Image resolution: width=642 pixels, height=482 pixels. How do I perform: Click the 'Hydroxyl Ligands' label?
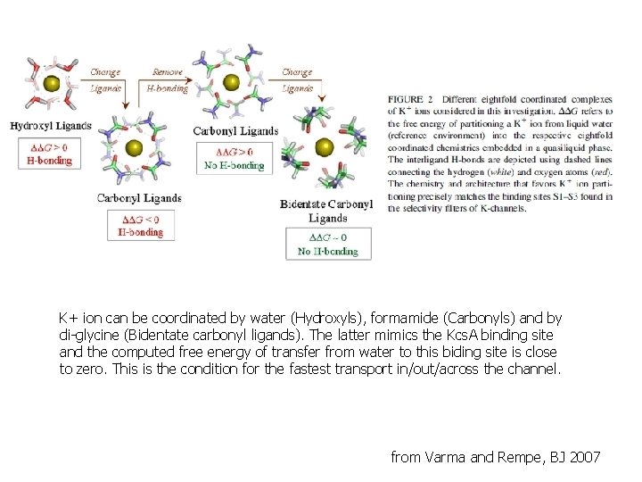tap(50, 126)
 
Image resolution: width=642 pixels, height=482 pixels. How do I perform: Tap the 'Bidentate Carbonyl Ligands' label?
tap(326, 211)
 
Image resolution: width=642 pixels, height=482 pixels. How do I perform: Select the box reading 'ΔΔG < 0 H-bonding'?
tap(141, 225)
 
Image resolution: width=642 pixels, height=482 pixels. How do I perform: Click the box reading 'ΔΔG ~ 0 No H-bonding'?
tap(327, 244)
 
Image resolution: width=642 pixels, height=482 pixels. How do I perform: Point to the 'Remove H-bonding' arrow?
tap(168, 80)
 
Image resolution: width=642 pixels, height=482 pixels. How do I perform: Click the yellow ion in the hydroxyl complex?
tap(52, 83)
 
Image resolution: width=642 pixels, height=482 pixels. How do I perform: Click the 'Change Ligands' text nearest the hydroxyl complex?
tap(105, 80)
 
